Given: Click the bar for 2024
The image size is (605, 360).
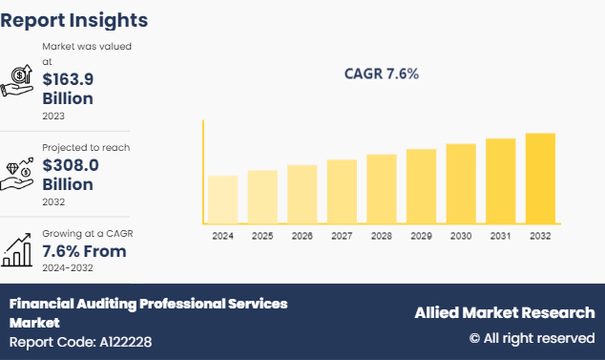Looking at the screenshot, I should (222, 200).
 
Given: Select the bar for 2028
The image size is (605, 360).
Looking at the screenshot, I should (382, 189).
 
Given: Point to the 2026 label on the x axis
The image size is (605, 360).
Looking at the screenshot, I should (302, 235).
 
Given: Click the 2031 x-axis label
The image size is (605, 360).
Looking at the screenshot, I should (500, 235).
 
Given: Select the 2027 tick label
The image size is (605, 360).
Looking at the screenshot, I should (342, 235).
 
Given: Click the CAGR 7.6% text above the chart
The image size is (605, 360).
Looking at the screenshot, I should (382, 74).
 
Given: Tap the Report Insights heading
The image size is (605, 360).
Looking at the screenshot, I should (74, 19).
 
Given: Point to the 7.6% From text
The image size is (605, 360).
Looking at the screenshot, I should (84, 251).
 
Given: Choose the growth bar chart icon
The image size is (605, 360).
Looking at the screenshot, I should (18, 250).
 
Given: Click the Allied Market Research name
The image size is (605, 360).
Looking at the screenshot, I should (504, 313).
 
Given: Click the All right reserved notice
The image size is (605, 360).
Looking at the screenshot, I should (532, 338).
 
